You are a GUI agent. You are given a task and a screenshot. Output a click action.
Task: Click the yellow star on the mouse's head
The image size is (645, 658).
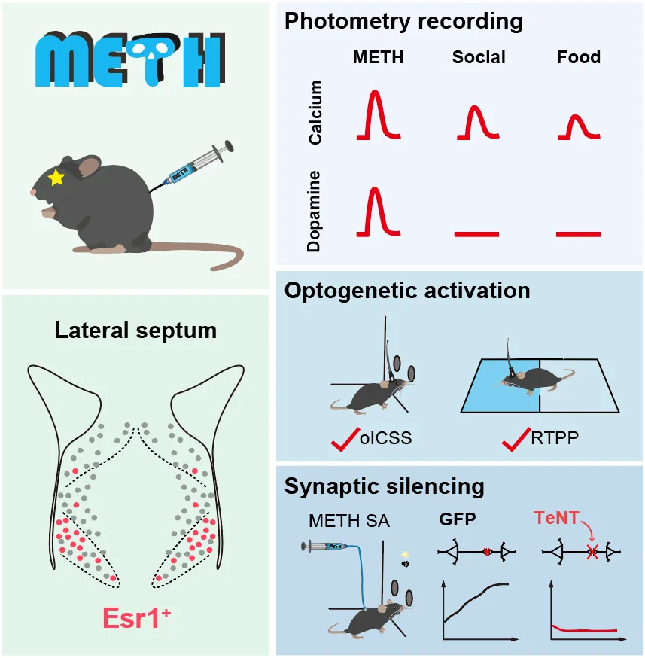click(55, 178)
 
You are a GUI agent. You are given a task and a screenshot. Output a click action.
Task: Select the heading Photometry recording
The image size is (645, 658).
click(403, 21)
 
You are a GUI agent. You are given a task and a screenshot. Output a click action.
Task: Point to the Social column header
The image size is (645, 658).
click(479, 57)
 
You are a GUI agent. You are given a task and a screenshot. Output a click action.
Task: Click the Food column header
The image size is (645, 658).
click(579, 57)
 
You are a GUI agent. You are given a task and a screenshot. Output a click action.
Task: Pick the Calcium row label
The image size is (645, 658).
click(317, 113)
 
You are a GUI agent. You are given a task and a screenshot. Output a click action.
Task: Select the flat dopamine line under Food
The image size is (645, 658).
click(578, 234)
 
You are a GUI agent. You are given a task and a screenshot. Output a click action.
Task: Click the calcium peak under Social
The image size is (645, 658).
click(477, 123)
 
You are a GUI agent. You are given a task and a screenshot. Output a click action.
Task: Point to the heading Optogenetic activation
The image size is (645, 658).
click(407, 291)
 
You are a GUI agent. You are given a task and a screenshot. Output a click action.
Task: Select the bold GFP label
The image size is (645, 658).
click(457, 519)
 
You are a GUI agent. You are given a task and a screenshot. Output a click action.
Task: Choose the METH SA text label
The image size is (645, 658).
click(348, 519)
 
